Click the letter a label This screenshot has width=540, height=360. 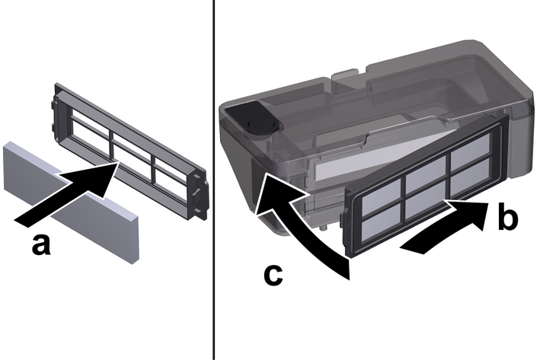[41, 245]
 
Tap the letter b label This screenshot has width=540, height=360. [507, 216]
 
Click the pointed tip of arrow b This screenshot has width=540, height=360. [488, 203]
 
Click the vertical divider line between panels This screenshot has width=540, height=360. [213, 180]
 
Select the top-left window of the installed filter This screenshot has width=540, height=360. [381, 192]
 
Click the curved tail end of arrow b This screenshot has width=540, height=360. [411, 248]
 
